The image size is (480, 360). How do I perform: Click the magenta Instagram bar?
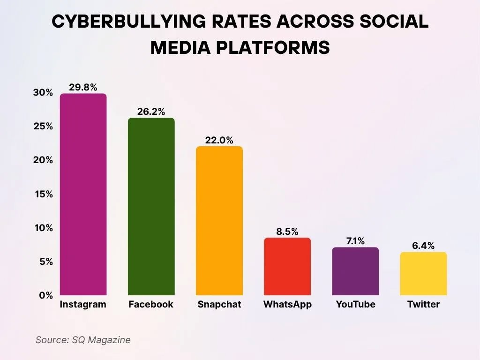(x=83, y=195)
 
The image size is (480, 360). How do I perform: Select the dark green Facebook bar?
(x=151, y=207)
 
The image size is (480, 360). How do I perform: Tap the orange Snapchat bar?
(x=219, y=221)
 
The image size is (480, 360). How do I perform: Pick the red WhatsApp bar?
(x=287, y=266)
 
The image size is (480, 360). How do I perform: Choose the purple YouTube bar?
(x=355, y=271)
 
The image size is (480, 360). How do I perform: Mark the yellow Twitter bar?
(x=423, y=274)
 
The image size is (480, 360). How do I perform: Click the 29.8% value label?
(x=83, y=87)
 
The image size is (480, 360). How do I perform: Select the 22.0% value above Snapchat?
(x=219, y=140)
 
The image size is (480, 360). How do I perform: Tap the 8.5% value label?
(x=287, y=231)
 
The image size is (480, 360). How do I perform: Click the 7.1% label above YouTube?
(x=355, y=241)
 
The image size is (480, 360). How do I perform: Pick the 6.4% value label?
(x=423, y=246)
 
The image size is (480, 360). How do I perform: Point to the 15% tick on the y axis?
(x=43, y=194)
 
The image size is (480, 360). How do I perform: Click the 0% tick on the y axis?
(x=45, y=295)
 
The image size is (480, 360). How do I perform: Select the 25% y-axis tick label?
(x=43, y=127)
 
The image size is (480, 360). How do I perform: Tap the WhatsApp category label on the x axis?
(x=287, y=304)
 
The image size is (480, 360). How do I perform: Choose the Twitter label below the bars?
(x=423, y=304)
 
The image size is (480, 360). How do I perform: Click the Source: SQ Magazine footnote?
(x=83, y=340)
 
